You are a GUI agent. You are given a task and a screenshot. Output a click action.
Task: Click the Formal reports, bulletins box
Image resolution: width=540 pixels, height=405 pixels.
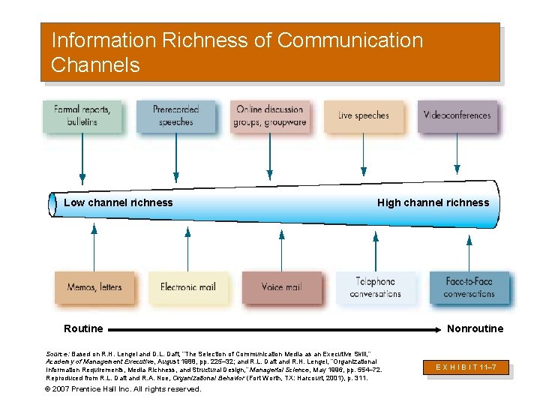(x=82, y=115)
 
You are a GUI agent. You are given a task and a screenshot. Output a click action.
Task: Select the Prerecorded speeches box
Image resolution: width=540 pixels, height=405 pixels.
(x=175, y=115)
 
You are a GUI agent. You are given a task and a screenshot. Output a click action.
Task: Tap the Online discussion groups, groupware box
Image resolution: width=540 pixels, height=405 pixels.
(x=270, y=115)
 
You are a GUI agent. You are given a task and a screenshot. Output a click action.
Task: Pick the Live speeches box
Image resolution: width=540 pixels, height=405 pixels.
(x=363, y=115)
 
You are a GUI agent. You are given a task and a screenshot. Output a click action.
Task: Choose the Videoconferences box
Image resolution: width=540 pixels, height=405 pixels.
(x=457, y=115)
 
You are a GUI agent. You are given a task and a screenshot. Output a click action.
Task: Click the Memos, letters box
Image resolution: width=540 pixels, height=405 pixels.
(x=94, y=287)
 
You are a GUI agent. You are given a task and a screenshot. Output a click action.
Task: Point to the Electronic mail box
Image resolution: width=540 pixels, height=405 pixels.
(x=187, y=287)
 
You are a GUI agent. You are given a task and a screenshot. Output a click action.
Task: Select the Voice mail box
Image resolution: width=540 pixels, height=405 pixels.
(x=281, y=287)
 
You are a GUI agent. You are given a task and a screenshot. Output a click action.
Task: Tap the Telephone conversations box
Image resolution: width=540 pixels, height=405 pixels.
(x=375, y=287)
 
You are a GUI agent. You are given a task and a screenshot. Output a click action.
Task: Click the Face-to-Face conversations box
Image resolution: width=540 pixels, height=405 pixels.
(x=469, y=287)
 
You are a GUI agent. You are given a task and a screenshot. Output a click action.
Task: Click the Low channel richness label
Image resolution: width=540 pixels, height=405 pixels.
(x=118, y=202)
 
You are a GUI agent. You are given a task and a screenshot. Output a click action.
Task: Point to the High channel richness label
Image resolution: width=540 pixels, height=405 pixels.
(x=433, y=202)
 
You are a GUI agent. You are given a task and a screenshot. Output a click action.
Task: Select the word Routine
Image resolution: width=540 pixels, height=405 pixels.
(x=83, y=328)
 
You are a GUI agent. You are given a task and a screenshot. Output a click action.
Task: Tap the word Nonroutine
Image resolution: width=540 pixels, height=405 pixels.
(x=475, y=328)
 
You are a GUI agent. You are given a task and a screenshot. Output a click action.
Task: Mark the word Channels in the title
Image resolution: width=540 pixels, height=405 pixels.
(x=95, y=65)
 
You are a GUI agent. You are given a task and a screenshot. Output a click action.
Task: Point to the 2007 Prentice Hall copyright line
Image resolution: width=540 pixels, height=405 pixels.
(x=123, y=389)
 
